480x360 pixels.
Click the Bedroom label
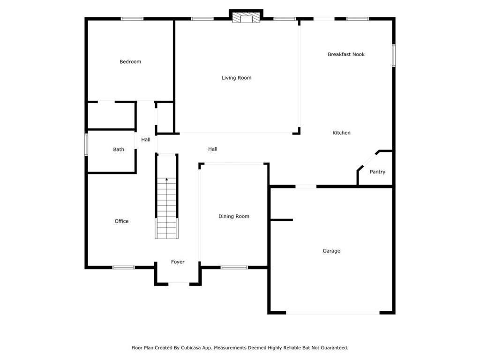point(130,62)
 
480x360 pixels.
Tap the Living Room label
point(237,78)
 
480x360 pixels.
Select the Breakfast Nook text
point(346,54)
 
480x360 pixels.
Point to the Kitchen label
point(341,133)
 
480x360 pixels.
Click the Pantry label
point(377,172)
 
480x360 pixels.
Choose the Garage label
point(331,251)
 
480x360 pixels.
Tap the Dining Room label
point(234,217)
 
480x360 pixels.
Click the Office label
point(121,221)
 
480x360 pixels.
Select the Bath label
point(119,150)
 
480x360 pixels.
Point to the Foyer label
point(178,262)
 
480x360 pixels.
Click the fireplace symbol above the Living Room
point(246,17)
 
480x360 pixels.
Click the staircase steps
point(166,208)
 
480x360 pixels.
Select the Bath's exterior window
point(86,144)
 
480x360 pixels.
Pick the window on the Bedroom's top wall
point(132,19)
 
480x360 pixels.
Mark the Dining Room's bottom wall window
point(234,268)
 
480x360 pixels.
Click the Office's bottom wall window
point(124,268)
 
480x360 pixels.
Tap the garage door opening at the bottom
point(333,313)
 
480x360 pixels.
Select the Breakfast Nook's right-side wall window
point(394,55)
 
